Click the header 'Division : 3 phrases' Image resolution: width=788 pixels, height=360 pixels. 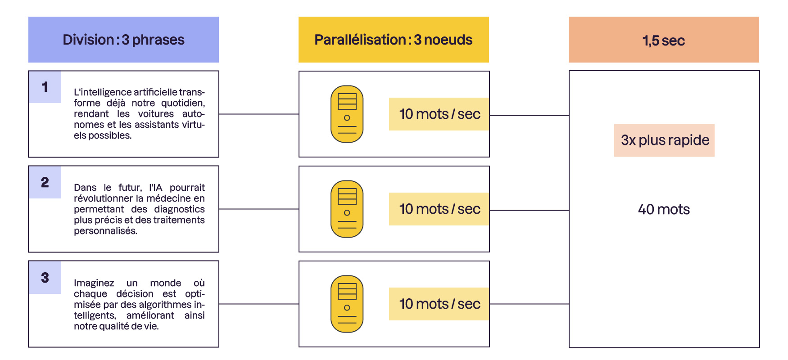pos(123,40)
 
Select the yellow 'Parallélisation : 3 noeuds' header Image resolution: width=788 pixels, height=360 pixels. pos(394,40)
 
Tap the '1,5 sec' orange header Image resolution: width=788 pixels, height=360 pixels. pos(664,40)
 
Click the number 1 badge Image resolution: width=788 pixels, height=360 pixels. pos(45,87)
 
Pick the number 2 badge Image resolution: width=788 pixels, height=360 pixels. pos(45,182)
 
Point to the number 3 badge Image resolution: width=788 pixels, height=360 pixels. pos(45,278)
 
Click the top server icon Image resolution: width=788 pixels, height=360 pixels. pos(347,114)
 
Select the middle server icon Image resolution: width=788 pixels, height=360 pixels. pos(347,209)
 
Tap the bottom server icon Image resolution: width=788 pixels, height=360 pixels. pos(347,304)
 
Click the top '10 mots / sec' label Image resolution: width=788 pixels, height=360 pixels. pos(439,114)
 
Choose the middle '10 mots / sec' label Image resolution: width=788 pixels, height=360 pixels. pos(439,209)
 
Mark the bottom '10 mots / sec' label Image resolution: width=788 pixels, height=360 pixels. pos(439,304)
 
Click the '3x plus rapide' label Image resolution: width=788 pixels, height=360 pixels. pos(665,140)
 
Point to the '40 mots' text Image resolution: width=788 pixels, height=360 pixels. pos(664,209)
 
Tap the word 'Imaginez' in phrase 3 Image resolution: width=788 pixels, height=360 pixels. pos(94,283)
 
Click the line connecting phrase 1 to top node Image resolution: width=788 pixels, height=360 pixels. pos(259,114)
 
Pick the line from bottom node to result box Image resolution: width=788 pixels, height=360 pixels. pos(529,304)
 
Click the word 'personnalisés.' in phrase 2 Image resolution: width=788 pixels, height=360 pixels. pos(105,231)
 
